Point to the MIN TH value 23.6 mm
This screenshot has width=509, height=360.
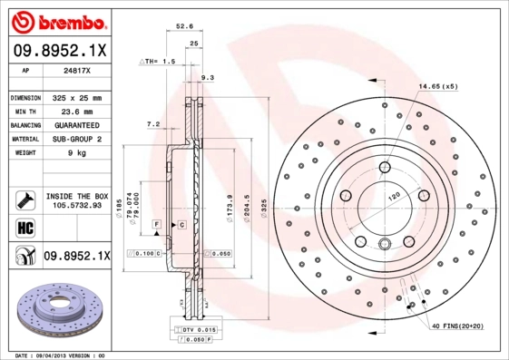coord(76,111)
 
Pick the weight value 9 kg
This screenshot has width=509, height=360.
coord(75,153)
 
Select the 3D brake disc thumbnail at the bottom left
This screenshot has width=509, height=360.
coord(56,309)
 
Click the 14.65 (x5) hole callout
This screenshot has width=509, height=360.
coord(437,86)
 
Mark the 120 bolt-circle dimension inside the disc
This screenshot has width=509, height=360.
coord(394,195)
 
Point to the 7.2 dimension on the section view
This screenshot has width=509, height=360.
coord(153,123)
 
